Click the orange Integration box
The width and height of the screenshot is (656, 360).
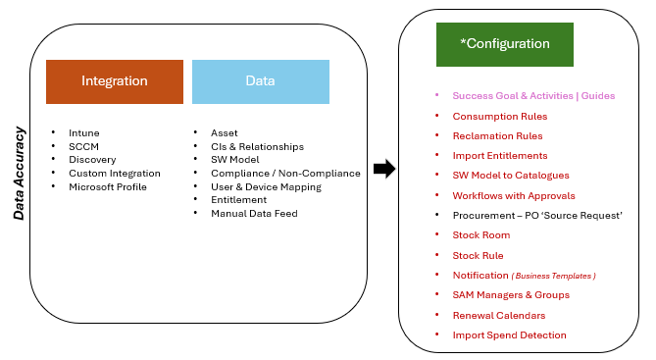pos(115,81)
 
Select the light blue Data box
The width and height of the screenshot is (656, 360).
pos(260,81)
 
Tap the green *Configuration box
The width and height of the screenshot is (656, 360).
pos(504,44)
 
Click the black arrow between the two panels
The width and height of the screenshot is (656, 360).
pos(384,169)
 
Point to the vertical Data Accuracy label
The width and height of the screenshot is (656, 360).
pos(19,173)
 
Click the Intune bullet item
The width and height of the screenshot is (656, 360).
pos(83,132)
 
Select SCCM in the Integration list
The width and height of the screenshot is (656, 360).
pos(83,146)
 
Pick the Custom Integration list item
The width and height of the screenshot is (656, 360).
pos(114,173)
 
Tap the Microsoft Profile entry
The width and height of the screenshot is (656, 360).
pos(110,186)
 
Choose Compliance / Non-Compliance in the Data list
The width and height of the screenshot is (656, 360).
pos(285,173)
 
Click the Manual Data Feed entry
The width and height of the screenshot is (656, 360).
pos(253,213)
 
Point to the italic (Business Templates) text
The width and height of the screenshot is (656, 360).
pos(553,276)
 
